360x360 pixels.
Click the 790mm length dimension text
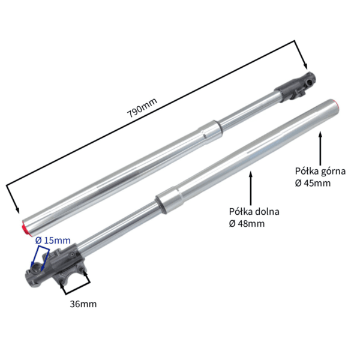142,107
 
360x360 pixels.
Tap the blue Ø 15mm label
53,241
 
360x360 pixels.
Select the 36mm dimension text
83,304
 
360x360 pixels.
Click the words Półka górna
320,172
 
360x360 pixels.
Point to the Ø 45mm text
313,183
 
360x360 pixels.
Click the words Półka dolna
254,211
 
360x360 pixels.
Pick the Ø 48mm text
247,223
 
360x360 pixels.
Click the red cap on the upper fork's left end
24,227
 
